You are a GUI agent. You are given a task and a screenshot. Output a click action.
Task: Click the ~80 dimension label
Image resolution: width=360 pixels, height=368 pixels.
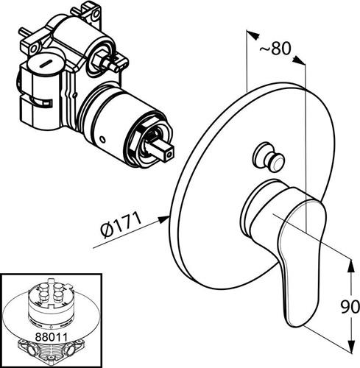pyautogui.click(x=275, y=49)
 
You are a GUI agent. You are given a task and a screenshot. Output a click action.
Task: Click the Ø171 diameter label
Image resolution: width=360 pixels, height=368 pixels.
pyautogui.click(x=121, y=225)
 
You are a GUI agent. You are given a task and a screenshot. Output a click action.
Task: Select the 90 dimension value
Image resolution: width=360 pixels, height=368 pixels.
pyautogui.click(x=350, y=307)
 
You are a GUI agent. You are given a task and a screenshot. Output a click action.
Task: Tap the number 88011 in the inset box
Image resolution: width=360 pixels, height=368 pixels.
pyautogui.click(x=51, y=337)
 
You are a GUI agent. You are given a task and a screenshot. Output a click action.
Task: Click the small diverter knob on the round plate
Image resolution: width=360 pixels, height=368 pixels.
pyautogui.click(x=269, y=158)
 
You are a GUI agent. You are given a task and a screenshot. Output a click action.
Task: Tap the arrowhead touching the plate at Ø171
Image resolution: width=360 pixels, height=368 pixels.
pyautogui.click(x=163, y=219)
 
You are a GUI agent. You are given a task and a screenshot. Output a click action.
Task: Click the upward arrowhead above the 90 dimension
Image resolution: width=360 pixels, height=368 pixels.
pyautogui.click(x=352, y=266)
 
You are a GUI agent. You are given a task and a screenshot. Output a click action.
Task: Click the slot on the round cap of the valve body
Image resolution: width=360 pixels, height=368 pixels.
pyautogui.click(x=46, y=64)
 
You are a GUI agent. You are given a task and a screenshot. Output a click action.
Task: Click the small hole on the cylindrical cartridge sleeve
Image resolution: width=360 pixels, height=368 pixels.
pyautogui.click(x=103, y=141)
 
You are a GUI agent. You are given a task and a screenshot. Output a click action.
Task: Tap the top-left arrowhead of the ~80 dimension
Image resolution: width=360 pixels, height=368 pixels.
pyautogui.click(x=253, y=35)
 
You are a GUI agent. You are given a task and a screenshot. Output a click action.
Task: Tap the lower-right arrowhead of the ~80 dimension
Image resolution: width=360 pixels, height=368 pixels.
pyautogui.click(x=300, y=60)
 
